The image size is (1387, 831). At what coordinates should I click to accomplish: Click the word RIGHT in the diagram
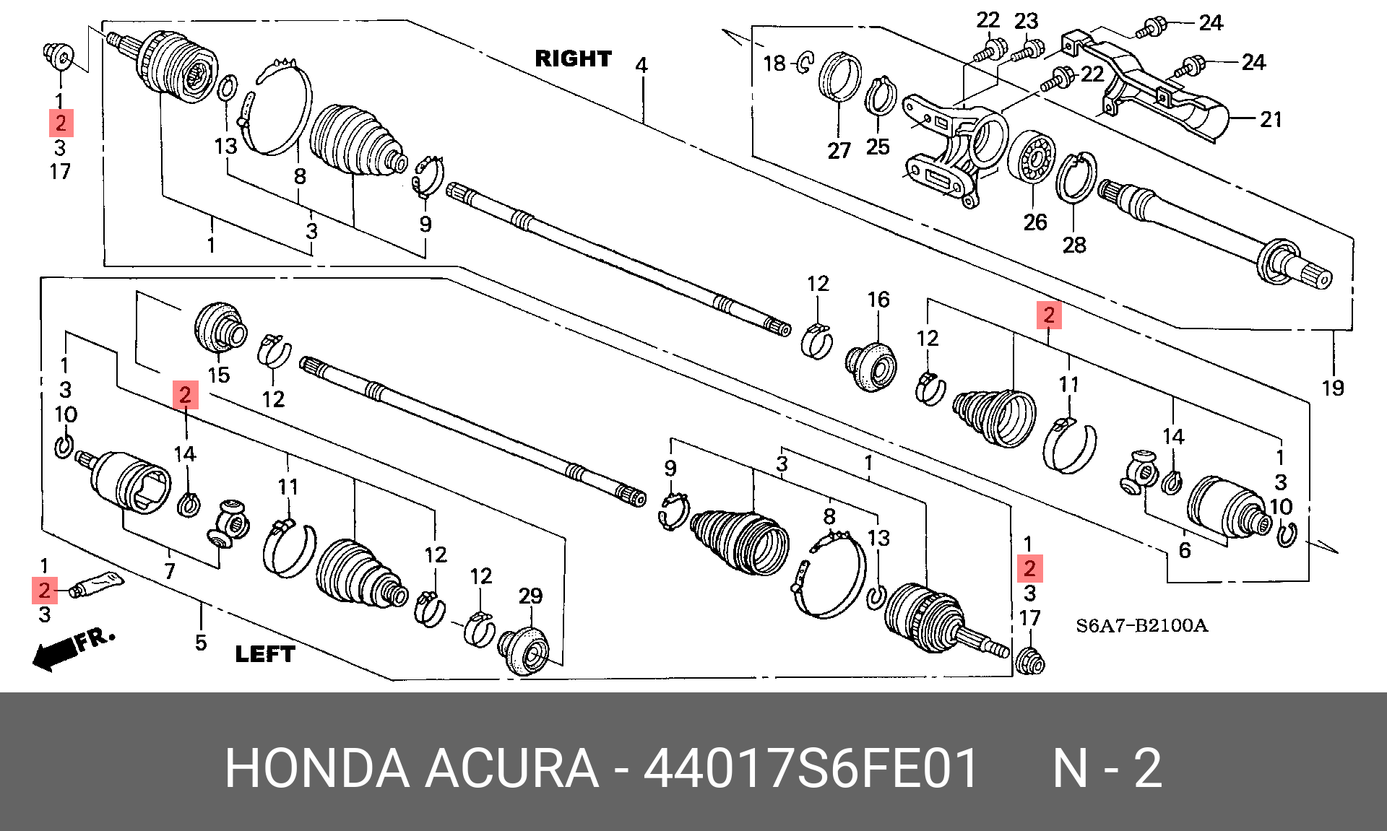[573, 58]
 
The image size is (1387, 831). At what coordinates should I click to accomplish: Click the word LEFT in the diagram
[265, 654]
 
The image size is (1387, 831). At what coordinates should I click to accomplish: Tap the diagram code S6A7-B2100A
[1141, 625]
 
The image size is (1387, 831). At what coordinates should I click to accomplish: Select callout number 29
[530, 596]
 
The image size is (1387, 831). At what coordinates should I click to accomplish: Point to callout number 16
[878, 299]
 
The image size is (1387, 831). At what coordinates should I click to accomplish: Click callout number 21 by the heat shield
[1271, 119]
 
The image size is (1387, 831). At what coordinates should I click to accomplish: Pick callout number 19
[1333, 388]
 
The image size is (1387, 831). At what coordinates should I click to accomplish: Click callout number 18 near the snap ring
[774, 64]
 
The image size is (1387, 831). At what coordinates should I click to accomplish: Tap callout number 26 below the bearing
[1034, 222]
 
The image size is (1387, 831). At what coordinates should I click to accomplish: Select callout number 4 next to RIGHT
[641, 65]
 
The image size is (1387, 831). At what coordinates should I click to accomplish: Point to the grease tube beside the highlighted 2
[98, 585]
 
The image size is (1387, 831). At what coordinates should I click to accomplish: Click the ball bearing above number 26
[1031, 160]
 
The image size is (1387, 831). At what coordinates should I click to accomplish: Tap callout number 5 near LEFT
[201, 642]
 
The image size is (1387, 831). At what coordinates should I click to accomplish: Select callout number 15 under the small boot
[219, 375]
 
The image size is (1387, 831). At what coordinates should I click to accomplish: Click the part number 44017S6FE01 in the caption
[811, 768]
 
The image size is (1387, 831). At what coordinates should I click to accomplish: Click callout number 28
[1073, 245]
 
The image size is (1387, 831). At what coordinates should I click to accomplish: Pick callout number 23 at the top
[1026, 21]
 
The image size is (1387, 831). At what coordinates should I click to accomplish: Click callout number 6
[1185, 550]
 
